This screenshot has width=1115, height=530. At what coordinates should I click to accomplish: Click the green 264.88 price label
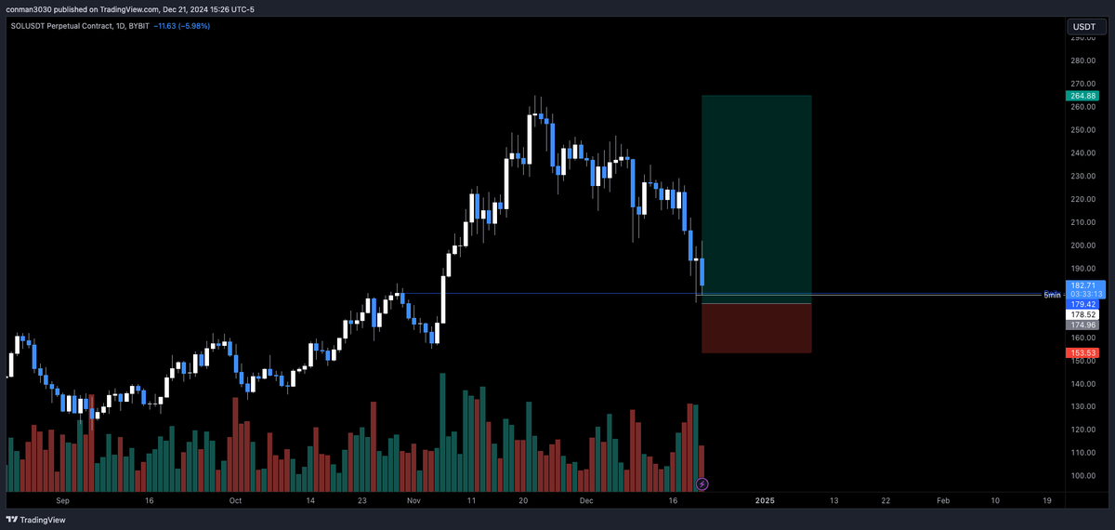coord(1083,96)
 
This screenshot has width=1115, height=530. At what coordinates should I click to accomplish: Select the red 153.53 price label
coord(1083,353)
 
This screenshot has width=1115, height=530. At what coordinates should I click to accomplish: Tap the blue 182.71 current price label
coord(1083,285)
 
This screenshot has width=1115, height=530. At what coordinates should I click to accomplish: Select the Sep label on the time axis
coord(62,500)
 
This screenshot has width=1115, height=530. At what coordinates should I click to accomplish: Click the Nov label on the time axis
coord(414,500)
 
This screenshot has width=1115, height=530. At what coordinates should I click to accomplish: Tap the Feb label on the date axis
coord(942,500)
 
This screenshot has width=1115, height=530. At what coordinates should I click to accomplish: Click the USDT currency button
coord(1083,27)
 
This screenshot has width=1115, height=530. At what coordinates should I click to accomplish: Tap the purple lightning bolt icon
coord(702,484)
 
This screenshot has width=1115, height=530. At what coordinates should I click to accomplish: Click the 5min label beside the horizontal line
coord(1051,295)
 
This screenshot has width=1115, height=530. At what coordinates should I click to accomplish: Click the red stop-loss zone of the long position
coord(756,328)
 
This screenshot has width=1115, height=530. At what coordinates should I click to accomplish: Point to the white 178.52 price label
coord(1083,315)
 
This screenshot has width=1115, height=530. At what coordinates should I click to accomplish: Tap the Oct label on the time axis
coord(235,500)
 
